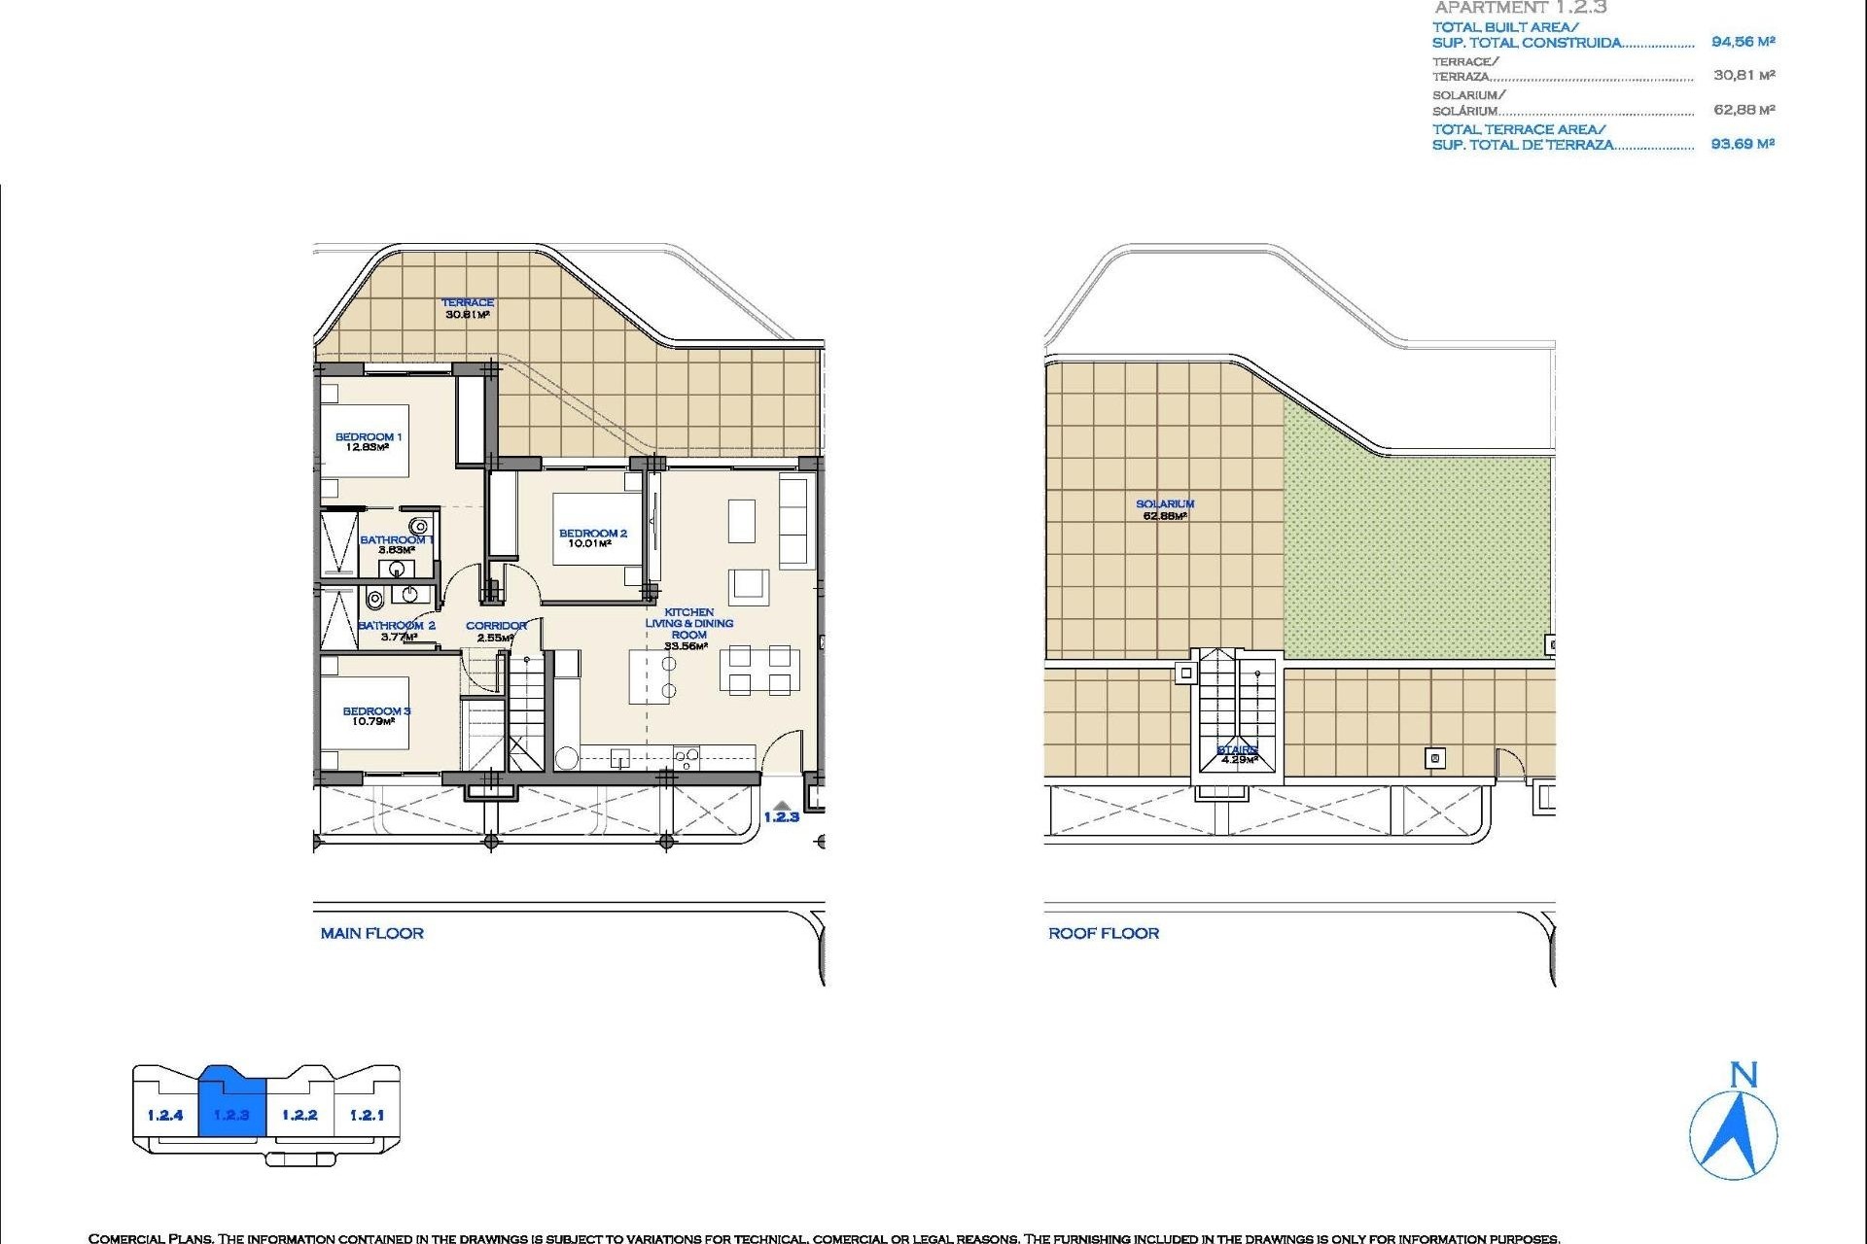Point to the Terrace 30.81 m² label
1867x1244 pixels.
tap(468, 308)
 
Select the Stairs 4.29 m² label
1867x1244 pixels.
tap(1237, 754)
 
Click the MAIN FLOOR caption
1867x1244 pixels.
tap(371, 933)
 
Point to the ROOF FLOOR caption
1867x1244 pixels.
tap(1103, 933)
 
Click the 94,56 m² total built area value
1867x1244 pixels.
tap(1743, 42)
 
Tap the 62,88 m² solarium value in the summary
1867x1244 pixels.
tap(1743, 110)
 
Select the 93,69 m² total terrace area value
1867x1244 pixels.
tap(1743, 144)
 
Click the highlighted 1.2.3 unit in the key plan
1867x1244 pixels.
tap(231, 1114)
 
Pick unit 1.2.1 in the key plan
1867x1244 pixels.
tap(367, 1115)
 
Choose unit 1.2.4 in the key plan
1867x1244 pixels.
tap(165, 1115)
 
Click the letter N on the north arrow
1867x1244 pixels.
tap(1744, 1075)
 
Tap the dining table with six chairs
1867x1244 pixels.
tap(759, 670)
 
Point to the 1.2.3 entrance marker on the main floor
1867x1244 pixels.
tap(781, 816)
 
